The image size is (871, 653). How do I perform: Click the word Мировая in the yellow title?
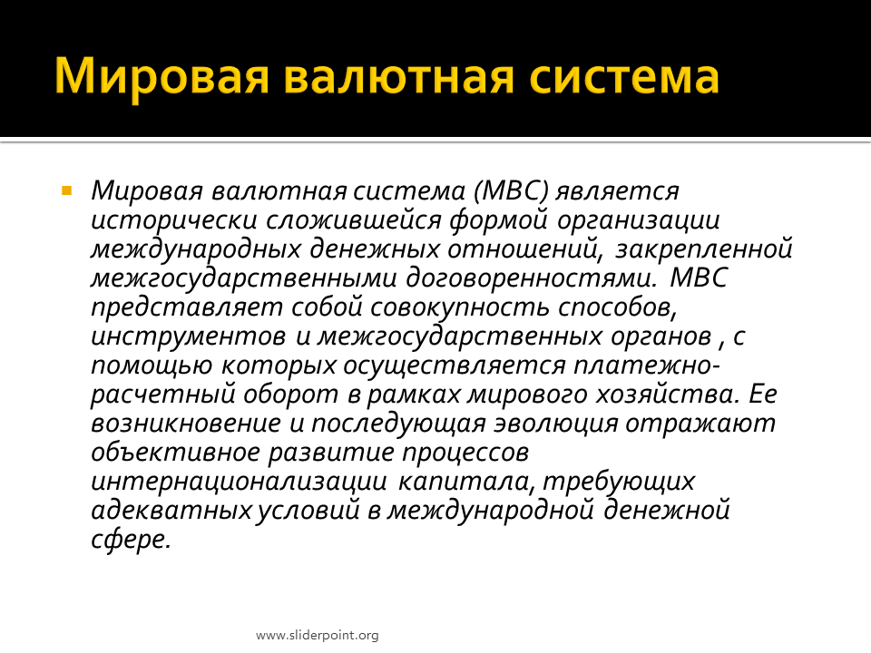click(161, 76)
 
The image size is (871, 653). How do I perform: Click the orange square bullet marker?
click(66, 191)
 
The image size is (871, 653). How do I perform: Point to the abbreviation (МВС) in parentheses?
click(511, 191)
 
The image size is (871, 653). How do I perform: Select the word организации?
click(638, 220)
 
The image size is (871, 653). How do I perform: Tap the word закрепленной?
click(703, 249)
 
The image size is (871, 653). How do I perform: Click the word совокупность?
click(460, 307)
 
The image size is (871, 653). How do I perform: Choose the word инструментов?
click(189, 336)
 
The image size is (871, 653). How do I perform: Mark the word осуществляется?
click(455, 365)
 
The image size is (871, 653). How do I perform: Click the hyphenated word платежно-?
click(647, 365)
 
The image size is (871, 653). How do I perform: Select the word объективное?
click(175, 453)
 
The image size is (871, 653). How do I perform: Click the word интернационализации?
click(239, 482)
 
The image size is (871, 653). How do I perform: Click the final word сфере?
click(131, 539)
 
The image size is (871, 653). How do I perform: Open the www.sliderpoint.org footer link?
click(318, 635)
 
